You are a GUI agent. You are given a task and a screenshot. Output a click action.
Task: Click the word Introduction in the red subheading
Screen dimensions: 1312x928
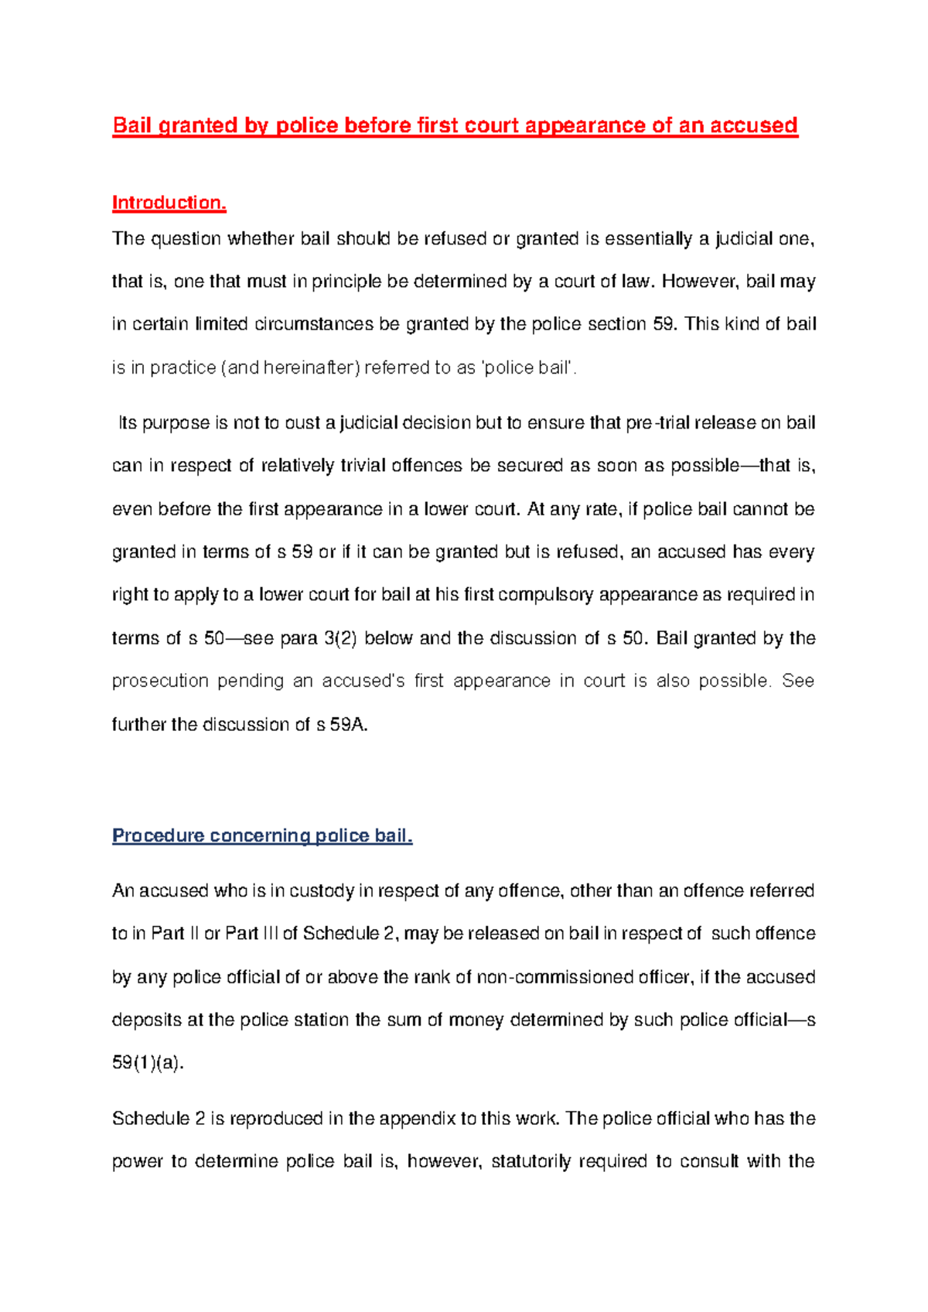[x=167, y=203]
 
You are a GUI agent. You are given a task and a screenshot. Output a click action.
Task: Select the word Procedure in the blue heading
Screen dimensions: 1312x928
[x=158, y=835]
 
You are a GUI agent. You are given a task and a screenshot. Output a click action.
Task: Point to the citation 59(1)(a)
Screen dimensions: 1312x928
[x=148, y=1063]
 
